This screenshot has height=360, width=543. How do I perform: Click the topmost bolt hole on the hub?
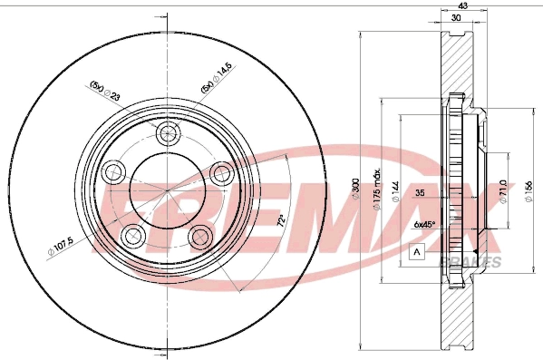[168, 135]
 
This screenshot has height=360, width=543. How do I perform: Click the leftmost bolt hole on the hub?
[113, 171]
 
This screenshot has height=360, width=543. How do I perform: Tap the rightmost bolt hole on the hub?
[221, 171]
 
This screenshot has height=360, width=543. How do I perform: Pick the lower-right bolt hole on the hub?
[201, 237]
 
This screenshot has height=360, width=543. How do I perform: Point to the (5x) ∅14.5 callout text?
[216, 89]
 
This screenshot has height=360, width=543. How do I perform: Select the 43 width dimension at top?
[462, 7]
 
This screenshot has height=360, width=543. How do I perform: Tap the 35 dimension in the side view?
[421, 193]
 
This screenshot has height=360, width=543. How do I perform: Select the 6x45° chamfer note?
[423, 224]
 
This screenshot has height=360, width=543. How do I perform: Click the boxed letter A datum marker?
[417, 252]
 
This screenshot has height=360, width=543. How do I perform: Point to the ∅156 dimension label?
[528, 192]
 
